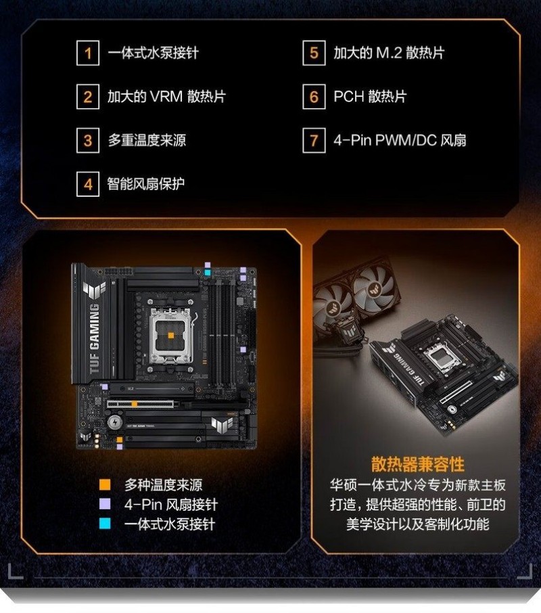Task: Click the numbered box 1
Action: [88, 53]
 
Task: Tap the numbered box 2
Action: [88, 97]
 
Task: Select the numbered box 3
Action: [88, 140]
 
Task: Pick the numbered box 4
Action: [88, 184]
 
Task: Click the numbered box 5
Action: [314, 53]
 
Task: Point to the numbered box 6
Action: [314, 97]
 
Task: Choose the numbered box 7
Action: [314, 140]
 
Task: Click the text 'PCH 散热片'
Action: [370, 97]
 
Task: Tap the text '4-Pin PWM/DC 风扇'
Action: [400, 140]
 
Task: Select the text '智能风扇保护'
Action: [145, 184]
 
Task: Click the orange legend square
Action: [105, 484]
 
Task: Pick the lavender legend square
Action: [105, 504]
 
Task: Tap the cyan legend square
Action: [105, 524]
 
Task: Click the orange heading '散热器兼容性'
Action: [417, 464]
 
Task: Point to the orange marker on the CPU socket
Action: [170, 336]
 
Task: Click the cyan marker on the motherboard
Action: [208, 272]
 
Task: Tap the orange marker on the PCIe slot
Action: [135, 404]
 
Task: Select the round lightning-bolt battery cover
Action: [114, 422]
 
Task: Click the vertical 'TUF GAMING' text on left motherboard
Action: [95, 338]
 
